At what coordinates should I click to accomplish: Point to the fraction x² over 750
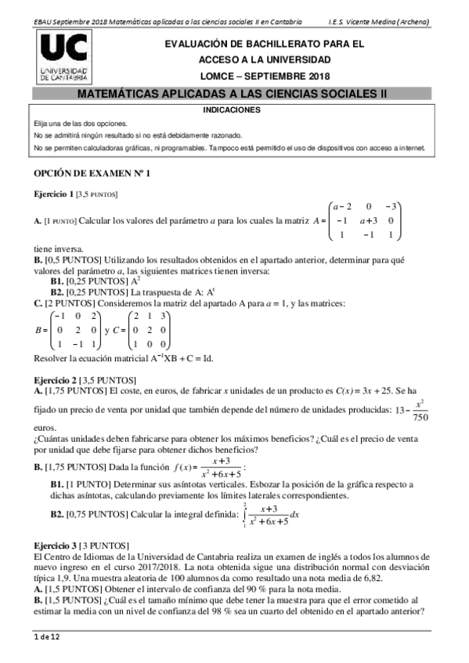420,410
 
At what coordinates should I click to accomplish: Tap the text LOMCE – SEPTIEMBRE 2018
265,76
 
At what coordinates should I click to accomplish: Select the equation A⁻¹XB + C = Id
162,359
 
